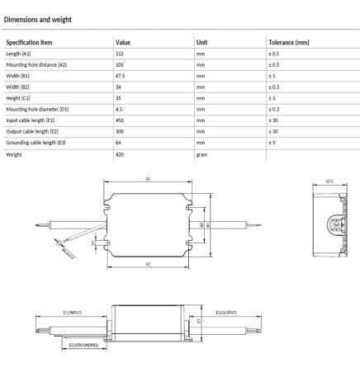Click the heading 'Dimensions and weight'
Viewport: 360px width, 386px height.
(41, 12)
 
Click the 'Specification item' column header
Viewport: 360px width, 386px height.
(30, 41)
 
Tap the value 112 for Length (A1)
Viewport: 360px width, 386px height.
(121, 54)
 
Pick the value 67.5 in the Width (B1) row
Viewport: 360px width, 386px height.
(121, 75)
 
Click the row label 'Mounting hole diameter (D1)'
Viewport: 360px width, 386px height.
(37, 109)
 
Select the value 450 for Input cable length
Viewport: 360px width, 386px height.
(121, 120)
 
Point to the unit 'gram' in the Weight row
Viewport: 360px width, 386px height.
(202, 153)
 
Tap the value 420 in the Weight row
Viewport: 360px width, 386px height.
(121, 153)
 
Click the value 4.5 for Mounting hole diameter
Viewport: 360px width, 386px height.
(120, 109)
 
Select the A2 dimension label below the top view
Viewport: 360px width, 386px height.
(148, 264)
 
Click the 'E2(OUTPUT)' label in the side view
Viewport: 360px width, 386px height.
(226, 313)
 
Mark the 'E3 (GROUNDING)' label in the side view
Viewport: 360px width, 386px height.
(83, 344)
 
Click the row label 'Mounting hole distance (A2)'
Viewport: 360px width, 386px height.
(36, 64)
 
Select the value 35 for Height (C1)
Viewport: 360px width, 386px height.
(119, 97)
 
